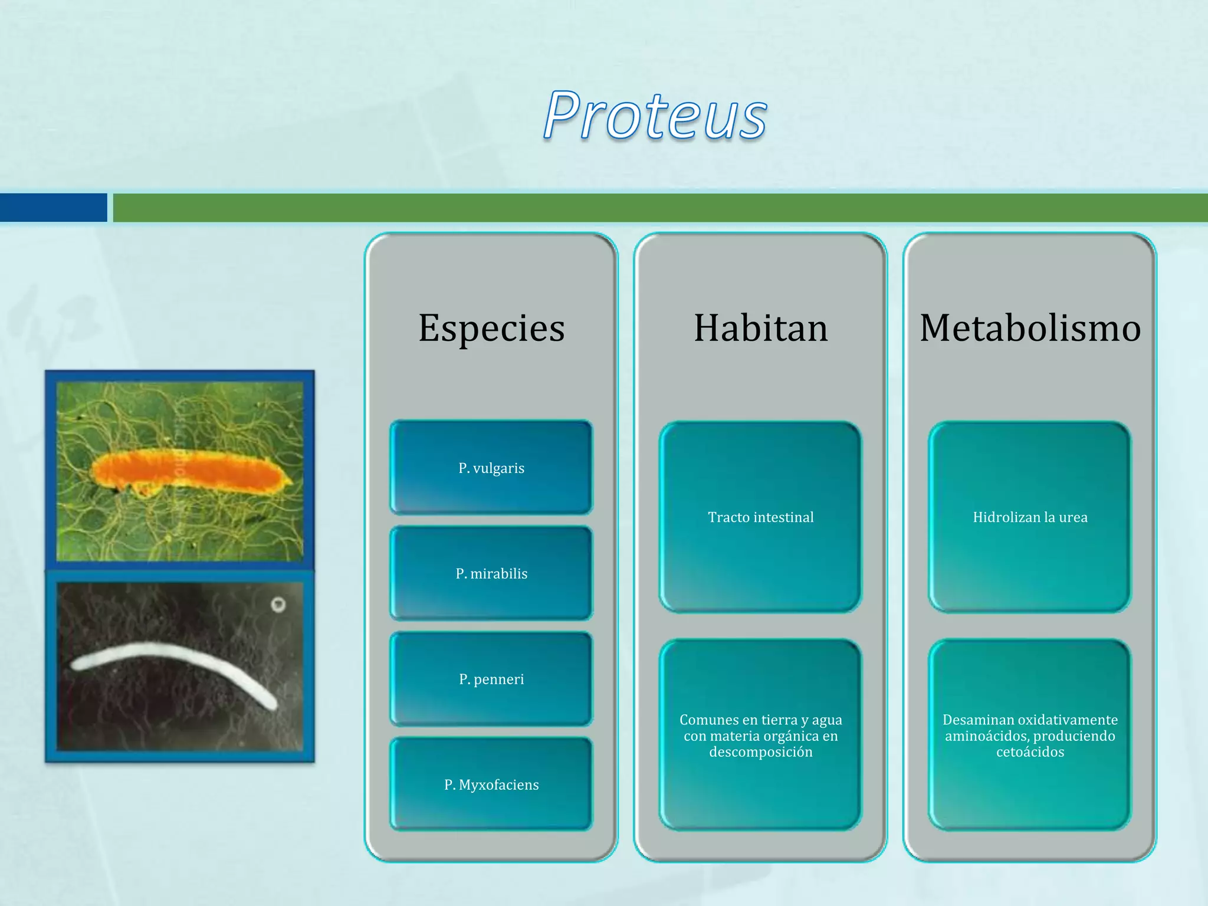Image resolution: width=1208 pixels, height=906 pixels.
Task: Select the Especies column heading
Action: [x=491, y=328]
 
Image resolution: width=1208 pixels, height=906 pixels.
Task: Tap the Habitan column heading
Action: [x=761, y=328]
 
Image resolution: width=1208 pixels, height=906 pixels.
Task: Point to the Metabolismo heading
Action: [x=1030, y=328]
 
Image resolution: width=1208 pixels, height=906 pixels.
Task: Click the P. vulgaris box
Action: [x=491, y=467]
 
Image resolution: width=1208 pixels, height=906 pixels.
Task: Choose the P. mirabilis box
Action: [x=491, y=573]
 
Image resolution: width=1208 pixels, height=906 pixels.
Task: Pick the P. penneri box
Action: [x=491, y=678]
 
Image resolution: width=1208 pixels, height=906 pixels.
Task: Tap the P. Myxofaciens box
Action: [x=491, y=784]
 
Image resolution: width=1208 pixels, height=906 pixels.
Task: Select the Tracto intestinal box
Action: [x=761, y=517]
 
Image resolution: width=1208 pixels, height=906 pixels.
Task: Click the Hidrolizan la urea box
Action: [x=1030, y=517]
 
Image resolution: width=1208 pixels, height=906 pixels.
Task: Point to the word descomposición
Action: [x=761, y=752]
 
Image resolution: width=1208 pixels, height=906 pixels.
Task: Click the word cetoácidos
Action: [x=1030, y=752]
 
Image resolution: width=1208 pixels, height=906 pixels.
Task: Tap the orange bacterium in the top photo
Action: [x=192, y=470]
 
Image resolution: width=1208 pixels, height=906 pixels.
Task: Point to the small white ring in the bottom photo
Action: [x=278, y=604]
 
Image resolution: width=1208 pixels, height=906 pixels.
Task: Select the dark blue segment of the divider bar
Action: [x=54, y=208]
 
